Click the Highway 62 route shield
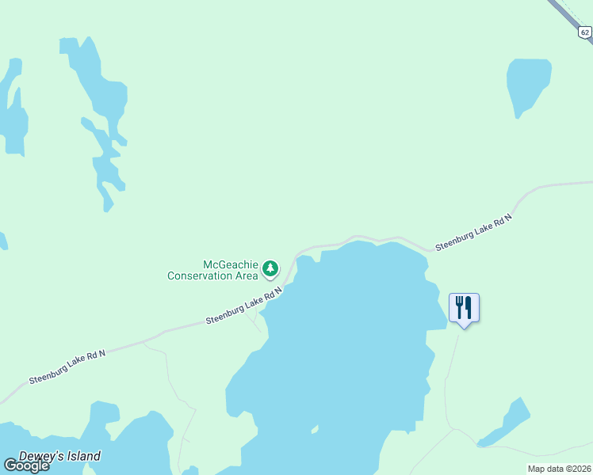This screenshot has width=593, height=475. click(584, 32)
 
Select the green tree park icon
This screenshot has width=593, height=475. click(271, 269)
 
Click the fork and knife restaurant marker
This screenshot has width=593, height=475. click(464, 307)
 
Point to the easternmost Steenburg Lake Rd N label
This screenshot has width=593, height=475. click(474, 233)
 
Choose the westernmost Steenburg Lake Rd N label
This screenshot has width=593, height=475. click(67, 367)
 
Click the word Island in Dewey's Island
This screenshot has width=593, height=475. click(82, 456)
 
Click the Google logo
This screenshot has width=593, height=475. click(26, 465)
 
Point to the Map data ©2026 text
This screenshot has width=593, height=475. click(559, 469)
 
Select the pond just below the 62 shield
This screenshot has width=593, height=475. click(527, 83)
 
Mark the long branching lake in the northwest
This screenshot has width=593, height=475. click(99, 95)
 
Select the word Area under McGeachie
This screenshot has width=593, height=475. click(247, 275)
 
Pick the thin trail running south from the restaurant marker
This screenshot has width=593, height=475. click(450, 380)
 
